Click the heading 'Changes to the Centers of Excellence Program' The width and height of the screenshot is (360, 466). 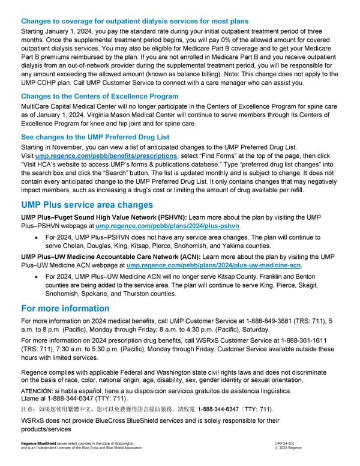[x=99, y=96]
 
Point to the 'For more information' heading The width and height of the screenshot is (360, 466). [x=65, y=309]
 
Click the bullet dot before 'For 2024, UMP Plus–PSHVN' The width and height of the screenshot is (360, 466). [x=38, y=238]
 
